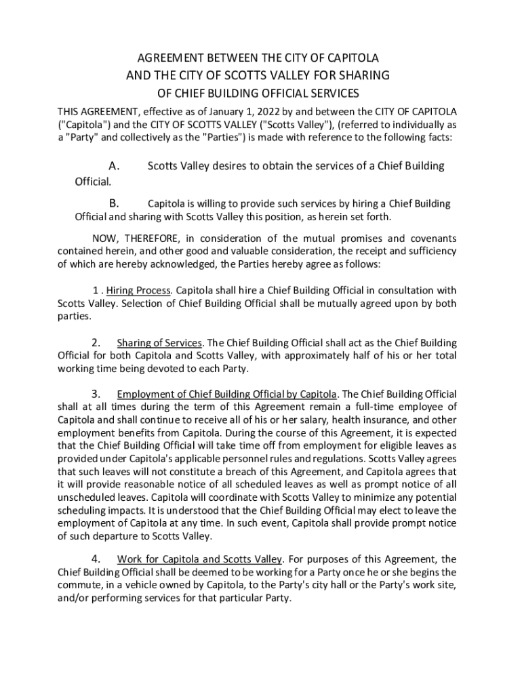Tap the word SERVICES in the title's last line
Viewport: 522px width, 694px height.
coord(332,93)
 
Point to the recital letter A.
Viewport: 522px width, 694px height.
coord(114,166)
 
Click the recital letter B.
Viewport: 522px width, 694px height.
coord(114,203)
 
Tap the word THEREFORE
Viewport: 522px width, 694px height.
coord(153,239)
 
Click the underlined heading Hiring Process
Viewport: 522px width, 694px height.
coord(138,291)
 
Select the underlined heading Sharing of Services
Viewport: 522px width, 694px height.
coord(159,343)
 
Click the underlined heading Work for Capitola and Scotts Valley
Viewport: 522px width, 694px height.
coord(199,559)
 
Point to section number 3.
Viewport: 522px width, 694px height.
coord(96,394)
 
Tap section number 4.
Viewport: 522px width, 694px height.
coord(96,559)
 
